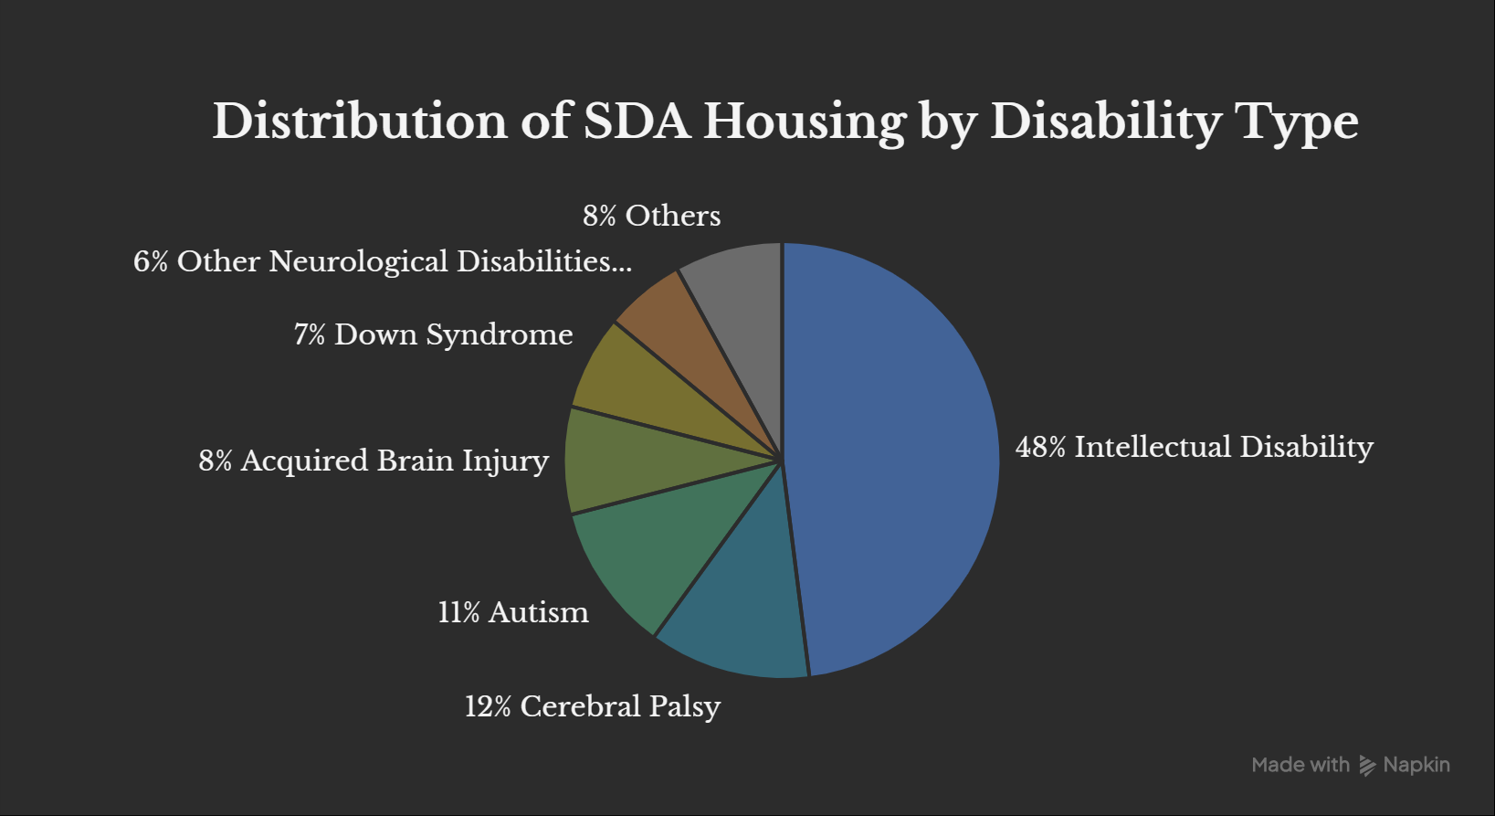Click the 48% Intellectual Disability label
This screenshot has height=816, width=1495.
(x=1194, y=447)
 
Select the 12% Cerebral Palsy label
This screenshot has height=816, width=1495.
(x=592, y=706)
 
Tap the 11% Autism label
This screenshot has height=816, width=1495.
(x=513, y=612)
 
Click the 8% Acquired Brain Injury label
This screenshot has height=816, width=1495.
(x=374, y=461)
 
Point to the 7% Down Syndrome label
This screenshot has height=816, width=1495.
(x=433, y=334)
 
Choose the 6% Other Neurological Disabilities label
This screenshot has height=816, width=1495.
(x=382, y=261)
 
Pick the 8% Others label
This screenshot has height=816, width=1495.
(x=651, y=216)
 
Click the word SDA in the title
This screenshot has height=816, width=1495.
(x=637, y=122)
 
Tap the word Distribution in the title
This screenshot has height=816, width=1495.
(x=359, y=122)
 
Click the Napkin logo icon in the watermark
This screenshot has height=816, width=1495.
(x=1367, y=765)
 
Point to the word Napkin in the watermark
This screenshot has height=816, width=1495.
(x=1416, y=765)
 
